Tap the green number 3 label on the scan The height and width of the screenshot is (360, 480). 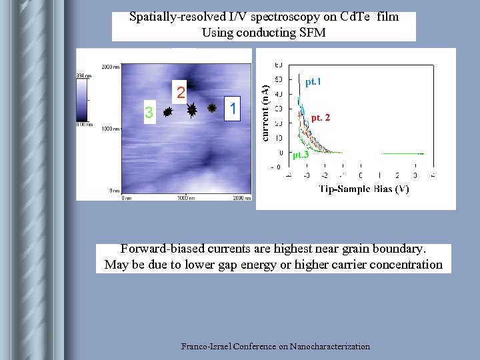tap(149, 114)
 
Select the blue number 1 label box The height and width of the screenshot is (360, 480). tap(232, 107)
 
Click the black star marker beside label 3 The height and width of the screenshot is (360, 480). tap(168, 113)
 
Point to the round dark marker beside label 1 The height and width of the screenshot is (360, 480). tap(212, 107)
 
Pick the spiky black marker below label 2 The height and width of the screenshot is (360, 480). tap(191, 110)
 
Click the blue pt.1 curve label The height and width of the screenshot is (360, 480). tap(313, 83)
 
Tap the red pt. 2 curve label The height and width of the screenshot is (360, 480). tap(320, 118)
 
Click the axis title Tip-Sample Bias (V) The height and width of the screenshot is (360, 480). tap(364, 189)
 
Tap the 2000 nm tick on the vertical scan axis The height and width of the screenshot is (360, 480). tap(111, 67)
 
